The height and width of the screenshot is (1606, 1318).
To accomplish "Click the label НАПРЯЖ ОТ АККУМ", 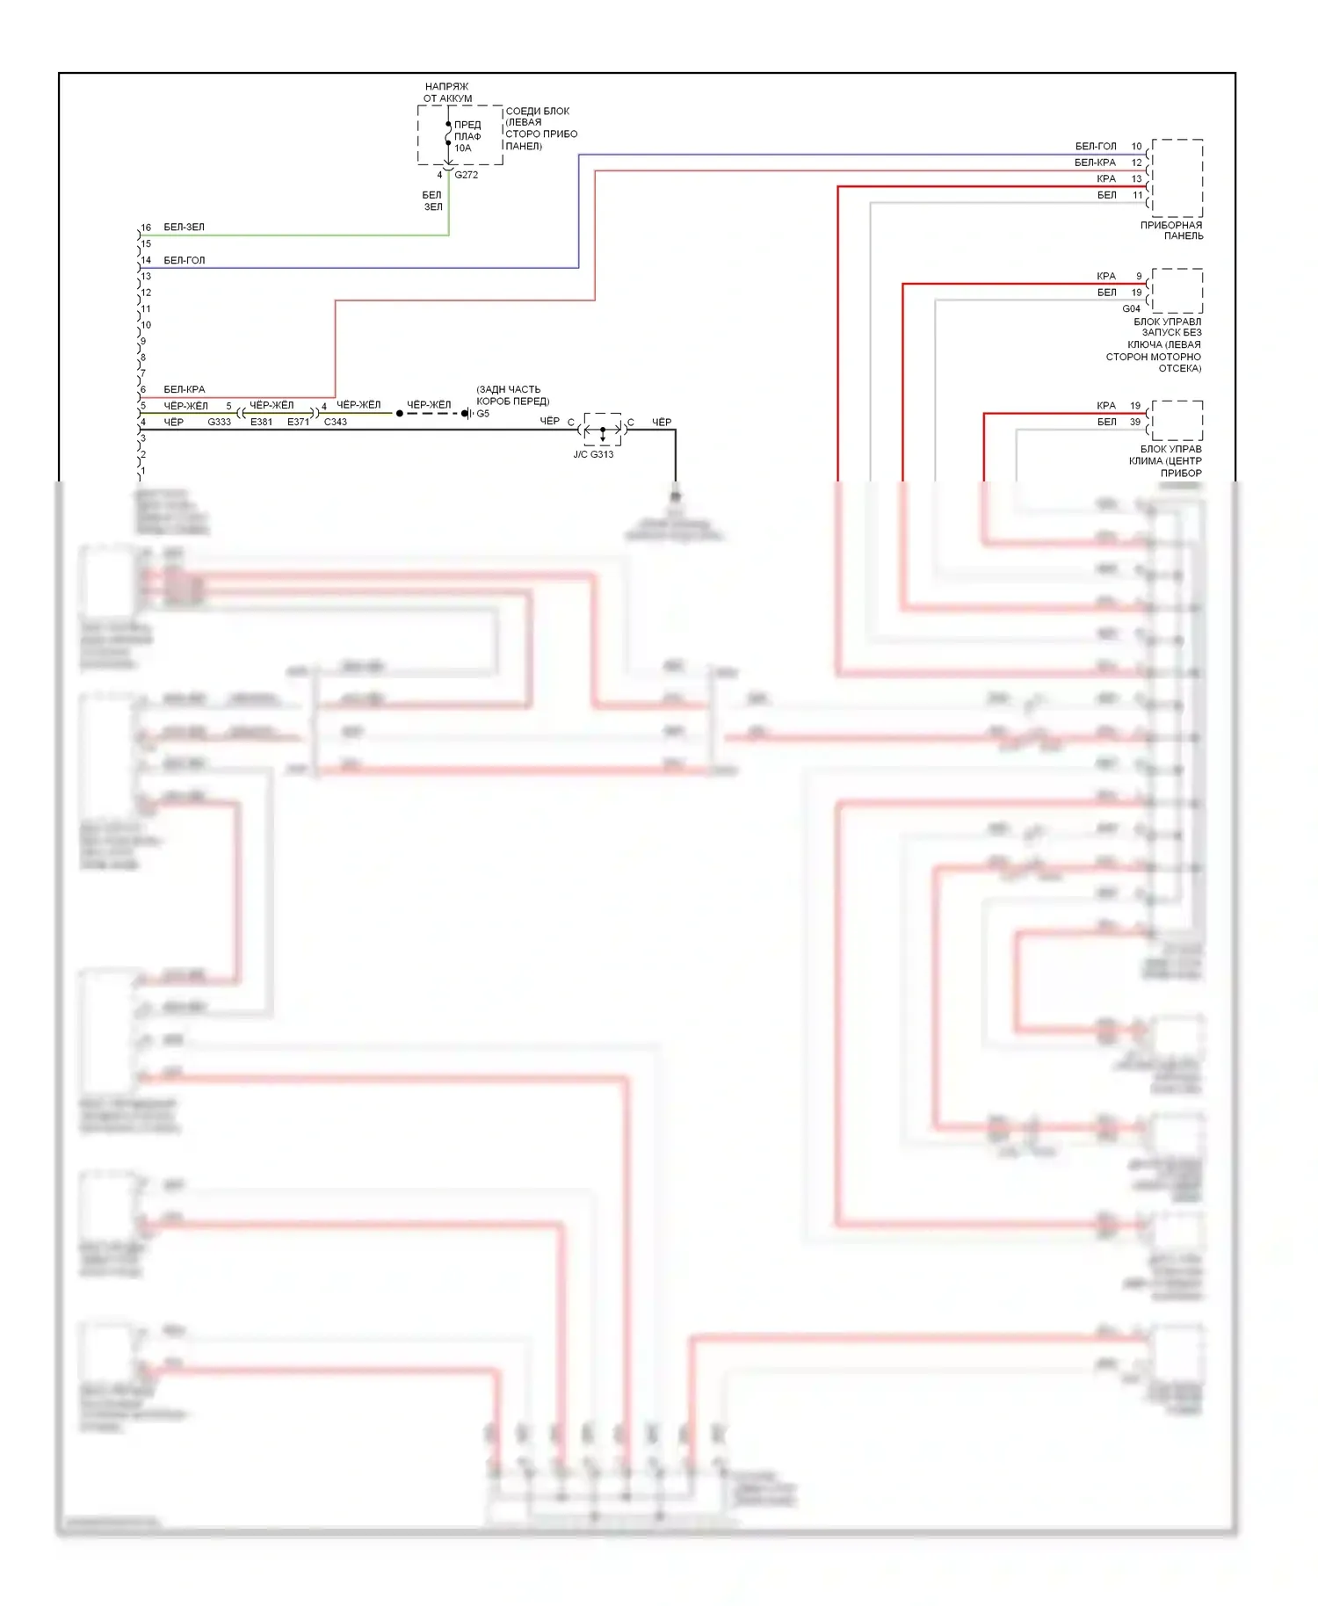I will click(447, 92).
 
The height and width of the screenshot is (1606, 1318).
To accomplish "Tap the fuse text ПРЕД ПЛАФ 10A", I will click(467, 136).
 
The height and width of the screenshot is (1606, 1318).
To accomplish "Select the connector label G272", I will click(466, 175).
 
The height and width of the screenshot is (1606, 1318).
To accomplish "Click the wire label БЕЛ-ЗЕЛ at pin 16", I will click(184, 227).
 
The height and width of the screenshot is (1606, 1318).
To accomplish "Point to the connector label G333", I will click(219, 422).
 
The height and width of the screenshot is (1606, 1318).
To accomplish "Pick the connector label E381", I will click(261, 422).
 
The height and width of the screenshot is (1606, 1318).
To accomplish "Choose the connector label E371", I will click(298, 422).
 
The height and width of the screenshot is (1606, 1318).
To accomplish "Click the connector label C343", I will click(335, 422).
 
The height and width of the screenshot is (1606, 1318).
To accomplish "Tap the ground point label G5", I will click(482, 413).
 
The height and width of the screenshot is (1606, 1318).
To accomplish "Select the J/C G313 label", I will click(593, 454).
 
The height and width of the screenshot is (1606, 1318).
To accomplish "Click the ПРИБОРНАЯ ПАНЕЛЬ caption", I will click(1171, 230).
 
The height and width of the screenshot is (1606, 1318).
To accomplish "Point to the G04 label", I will click(1131, 308).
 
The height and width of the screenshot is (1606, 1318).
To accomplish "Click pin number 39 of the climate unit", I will click(1135, 422).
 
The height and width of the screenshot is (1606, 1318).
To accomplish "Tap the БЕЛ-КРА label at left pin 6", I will click(184, 389).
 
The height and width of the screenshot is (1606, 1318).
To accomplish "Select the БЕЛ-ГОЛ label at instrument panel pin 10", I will click(1095, 146).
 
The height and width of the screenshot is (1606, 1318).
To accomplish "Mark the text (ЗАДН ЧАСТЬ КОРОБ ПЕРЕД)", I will click(512, 395).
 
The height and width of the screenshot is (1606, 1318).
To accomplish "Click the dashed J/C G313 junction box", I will click(602, 430).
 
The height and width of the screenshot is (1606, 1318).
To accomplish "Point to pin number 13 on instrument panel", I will click(1136, 178).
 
